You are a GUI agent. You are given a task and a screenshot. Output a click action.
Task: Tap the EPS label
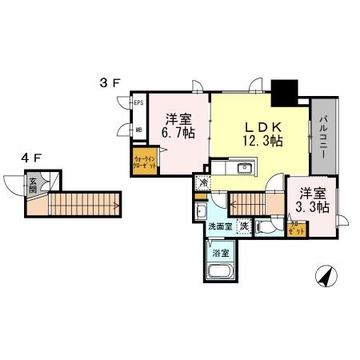[x=138, y=103]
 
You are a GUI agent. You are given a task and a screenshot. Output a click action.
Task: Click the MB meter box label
[x=138, y=130]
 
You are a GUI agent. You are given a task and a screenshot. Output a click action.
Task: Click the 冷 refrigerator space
[x=203, y=182]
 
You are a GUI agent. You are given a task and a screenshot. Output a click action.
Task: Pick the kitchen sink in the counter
[x=244, y=169]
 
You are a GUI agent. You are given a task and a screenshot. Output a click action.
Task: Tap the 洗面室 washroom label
[x=219, y=227]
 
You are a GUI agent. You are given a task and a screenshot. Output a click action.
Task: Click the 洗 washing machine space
[x=243, y=226]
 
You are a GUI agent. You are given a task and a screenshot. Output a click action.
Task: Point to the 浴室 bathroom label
[x=219, y=253]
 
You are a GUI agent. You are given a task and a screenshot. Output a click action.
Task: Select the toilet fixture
[x=272, y=225]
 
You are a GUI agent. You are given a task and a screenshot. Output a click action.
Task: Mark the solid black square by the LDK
[x=284, y=91]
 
